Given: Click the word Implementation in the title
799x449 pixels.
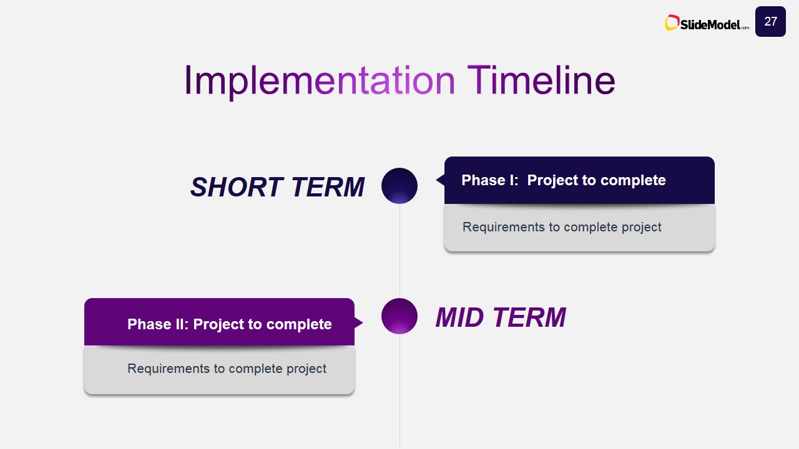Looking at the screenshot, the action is tap(320, 80).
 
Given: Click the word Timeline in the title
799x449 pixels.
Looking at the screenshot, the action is tap(541, 80).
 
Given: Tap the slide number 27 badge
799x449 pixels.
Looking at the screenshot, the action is tap(770, 21).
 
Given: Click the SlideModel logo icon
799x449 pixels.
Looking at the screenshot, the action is tap(672, 22).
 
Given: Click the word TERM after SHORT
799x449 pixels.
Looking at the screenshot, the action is tap(328, 186).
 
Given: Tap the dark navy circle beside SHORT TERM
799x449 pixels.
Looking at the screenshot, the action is tap(399, 186).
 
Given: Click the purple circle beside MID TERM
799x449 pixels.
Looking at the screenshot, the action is tap(399, 316).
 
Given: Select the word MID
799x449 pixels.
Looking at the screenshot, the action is tap(460, 317).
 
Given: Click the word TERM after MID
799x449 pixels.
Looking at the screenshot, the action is tap(530, 317).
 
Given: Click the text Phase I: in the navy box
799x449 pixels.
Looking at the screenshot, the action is tap(490, 180).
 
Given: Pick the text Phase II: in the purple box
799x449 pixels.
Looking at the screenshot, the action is tap(158, 324).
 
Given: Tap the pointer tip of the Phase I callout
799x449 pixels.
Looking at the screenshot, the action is tap(436, 180).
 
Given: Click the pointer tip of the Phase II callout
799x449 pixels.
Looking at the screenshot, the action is tap(363, 323).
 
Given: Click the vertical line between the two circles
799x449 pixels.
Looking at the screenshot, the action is tap(399, 251).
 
